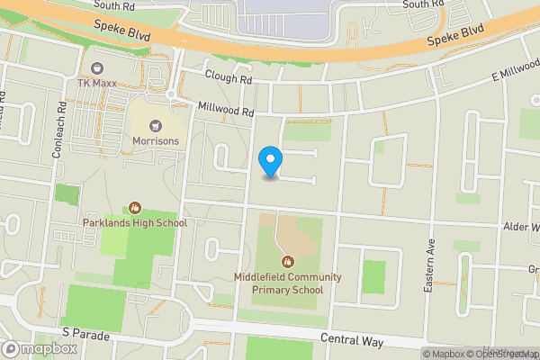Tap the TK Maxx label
pos(98,84)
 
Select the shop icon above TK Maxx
pos(98,68)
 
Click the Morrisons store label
pos(157,141)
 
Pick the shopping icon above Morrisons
pos(157,126)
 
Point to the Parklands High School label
pos(135,223)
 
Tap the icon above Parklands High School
pos(135,208)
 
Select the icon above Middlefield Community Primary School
pos(276,263)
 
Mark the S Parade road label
pos(86,336)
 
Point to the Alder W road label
pos(521,228)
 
